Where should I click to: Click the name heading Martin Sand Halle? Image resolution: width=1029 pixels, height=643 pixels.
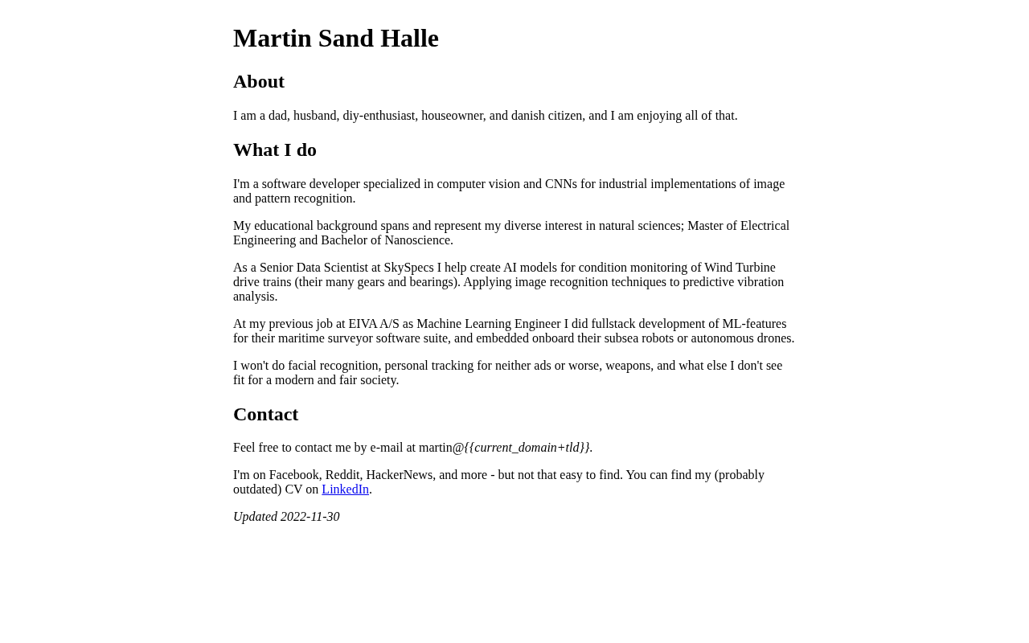coord(336,39)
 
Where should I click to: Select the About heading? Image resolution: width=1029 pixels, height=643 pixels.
coord(259,82)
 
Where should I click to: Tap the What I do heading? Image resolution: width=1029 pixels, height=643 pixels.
coord(275,150)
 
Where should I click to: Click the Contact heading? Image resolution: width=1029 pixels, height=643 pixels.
coord(265,415)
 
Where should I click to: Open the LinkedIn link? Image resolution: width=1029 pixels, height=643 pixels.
coord(345,489)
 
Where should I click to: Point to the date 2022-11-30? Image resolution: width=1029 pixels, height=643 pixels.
coord(310,517)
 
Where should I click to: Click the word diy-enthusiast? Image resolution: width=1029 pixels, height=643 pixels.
coord(379,116)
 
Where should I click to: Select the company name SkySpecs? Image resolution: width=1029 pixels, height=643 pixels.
coord(408,268)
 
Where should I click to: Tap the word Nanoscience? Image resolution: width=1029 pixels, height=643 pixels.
coord(417,240)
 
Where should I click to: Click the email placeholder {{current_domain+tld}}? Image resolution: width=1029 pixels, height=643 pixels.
coord(527,448)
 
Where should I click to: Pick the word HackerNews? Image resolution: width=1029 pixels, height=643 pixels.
coord(400,475)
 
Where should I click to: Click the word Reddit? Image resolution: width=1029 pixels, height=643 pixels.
coord(342,475)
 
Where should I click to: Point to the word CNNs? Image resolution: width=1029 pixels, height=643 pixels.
coord(561,184)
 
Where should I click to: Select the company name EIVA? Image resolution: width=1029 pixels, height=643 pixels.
coord(363,324)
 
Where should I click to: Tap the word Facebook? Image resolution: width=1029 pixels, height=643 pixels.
coord(293,475)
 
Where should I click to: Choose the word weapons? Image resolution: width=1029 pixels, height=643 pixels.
coord(628,366)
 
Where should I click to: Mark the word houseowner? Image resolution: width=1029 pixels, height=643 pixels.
coord(453,116)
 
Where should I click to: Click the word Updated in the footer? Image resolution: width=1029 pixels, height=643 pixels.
coord(255,517)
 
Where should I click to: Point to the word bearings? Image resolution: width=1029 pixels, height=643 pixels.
coord(433,282)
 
